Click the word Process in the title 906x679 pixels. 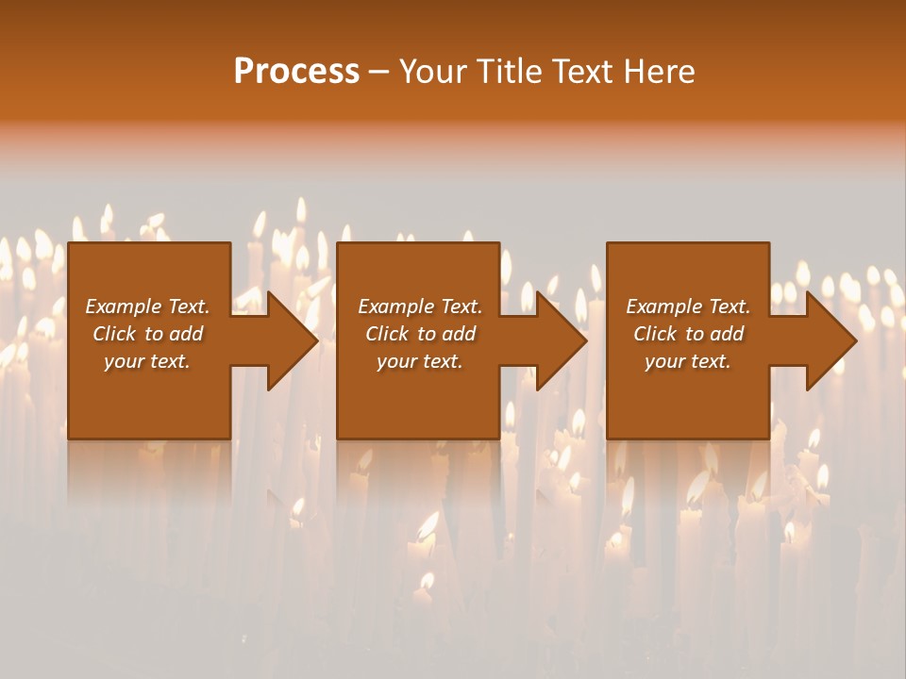(296, 72)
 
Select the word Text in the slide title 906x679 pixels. (585, 72)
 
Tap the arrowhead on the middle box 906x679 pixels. (561, 340)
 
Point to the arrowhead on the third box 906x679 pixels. (830, 340)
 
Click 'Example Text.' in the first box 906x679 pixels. (147, 306)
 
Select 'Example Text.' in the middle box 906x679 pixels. (419, 306)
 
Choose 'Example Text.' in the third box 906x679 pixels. (688, 306)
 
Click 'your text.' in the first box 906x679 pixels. (147, 361)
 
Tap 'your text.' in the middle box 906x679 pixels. (419, 361)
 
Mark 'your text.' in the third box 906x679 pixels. (688, 361)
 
